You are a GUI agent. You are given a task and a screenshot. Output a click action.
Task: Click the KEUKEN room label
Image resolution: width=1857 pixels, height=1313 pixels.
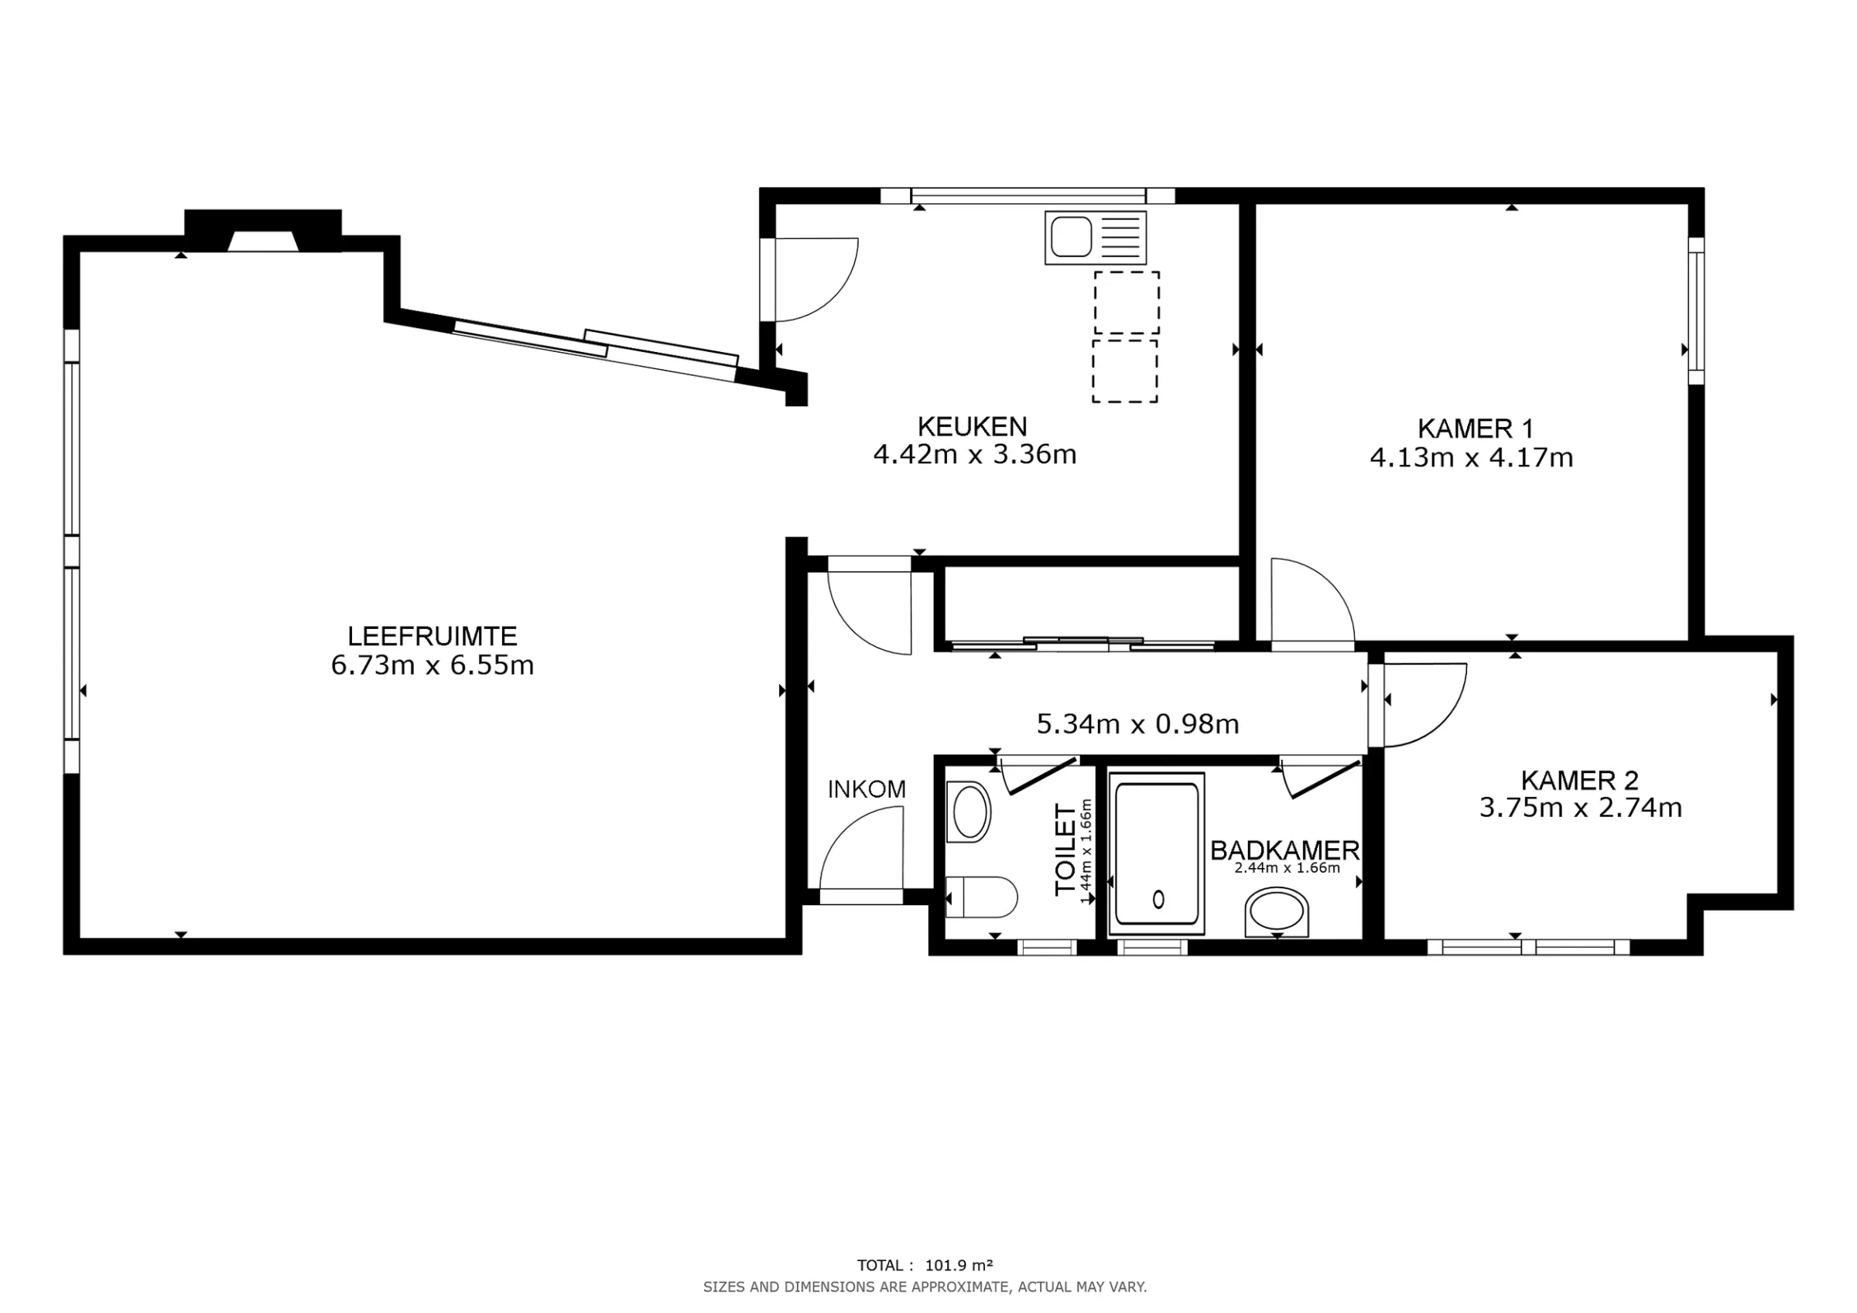(x=972, y=426)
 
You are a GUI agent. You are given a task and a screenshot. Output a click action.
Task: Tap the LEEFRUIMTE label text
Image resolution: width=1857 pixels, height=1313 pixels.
(x=432, y=636)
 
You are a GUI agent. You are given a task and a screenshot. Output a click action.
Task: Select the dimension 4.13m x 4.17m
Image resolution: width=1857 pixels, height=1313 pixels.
(x=1471, y=458)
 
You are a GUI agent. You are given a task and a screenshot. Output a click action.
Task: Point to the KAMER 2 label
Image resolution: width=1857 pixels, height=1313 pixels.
(x=1579, y=781)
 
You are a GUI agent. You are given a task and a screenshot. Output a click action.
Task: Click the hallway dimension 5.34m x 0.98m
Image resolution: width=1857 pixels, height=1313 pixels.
(x=1137, y=724)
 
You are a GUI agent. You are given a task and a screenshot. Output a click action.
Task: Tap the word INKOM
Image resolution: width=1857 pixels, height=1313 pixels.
(x=867, y=790)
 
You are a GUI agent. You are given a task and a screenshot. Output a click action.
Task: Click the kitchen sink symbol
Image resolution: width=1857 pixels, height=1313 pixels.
(x=1095, y=238)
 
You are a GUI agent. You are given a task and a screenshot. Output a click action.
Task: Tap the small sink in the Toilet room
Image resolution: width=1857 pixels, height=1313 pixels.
(x=969, y=812)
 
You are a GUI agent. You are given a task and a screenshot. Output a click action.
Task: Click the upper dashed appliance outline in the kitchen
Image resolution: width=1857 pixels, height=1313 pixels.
(x=1127, y=303)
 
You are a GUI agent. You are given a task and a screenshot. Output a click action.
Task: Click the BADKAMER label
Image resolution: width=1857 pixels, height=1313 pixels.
(x=1285, y=850)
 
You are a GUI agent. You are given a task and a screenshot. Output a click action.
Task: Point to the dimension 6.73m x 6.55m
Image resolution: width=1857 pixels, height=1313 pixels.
(x=432, y=665)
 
